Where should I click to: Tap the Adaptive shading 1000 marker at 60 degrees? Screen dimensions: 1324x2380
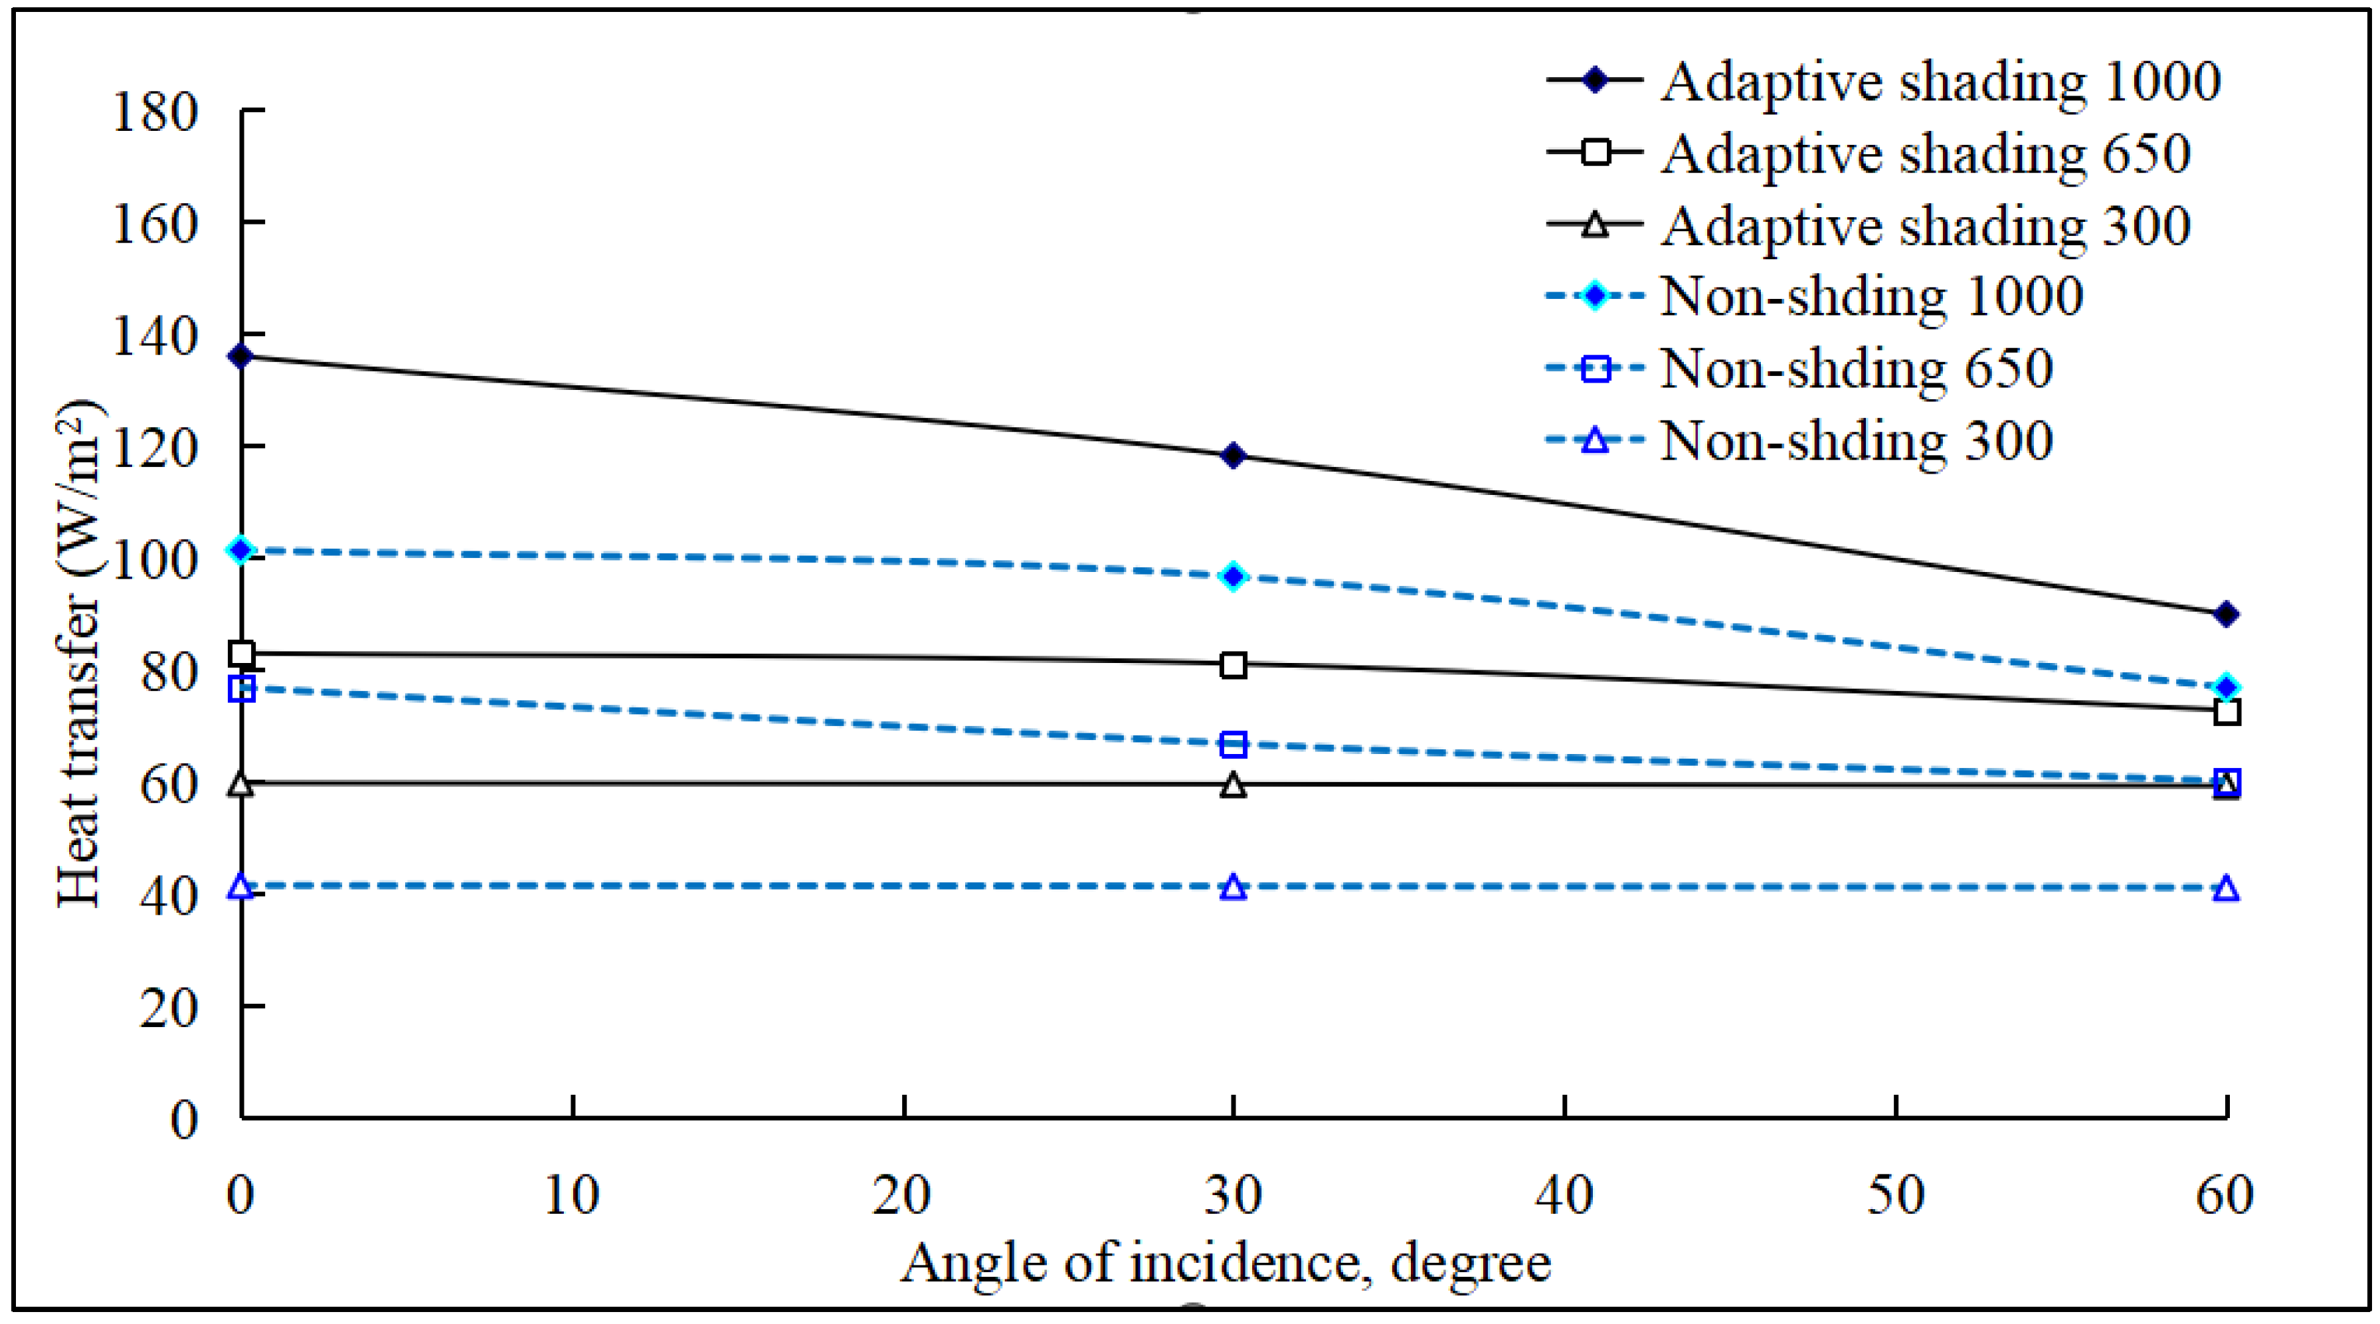[2227, 615]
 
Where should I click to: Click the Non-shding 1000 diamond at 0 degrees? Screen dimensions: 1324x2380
[241, 551]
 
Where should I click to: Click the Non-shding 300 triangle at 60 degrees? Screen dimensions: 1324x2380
[2227, 889]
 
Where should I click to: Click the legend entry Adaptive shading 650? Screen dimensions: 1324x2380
[1926, 153]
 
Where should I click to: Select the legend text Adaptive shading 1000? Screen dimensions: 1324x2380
[1940, 81]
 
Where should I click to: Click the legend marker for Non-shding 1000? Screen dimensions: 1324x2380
[1596, 296]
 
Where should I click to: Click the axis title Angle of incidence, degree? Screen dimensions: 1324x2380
[1225, 1263]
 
